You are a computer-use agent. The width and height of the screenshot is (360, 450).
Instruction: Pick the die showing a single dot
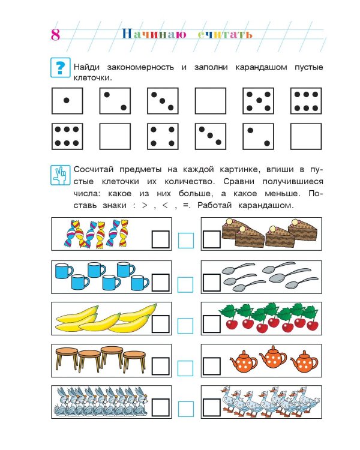pyautogui.click(x=66, y=100)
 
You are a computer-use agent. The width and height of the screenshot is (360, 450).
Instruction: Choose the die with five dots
pyautogui.click(x=259, y=100)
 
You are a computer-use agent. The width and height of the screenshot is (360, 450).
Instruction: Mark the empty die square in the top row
pyautogui.click(x=211, y=100)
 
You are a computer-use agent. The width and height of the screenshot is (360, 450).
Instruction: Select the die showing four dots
pyautogui.click(x=163, y=136)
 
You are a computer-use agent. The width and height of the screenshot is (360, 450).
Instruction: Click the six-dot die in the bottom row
pyautogui.click(x=66, y=136)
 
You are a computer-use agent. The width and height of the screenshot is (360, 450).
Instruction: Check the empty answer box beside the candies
pyautogui.click(x=160, y=240)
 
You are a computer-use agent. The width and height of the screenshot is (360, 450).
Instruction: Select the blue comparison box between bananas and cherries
pyautogui.click(x=186, y=325)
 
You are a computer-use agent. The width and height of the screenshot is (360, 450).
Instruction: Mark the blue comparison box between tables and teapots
pyautogui.click(x=186, y=367)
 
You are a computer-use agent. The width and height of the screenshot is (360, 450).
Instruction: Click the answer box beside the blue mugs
pyautogui.click(x=160, y=282)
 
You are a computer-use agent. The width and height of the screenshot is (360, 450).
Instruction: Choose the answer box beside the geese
pyautogui.click(x=212, y=409)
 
